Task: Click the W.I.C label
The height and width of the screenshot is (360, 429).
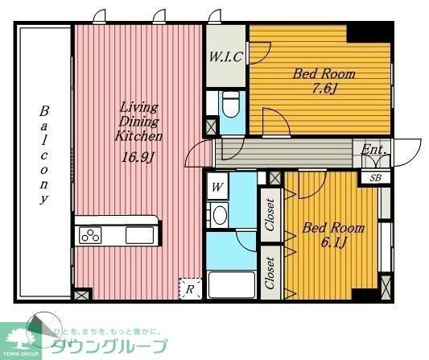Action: point(226,56)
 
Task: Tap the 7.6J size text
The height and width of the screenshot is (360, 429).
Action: point(322,89)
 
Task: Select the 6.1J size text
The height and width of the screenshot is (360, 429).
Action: point(332,242)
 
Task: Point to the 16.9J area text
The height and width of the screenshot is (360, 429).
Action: point(138,157)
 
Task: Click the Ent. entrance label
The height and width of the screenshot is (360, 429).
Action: point(373,150)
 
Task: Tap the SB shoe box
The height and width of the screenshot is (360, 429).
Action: point(375,178)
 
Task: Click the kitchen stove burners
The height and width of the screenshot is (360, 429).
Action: point(89,236)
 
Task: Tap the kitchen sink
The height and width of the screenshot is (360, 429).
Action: point(138,235)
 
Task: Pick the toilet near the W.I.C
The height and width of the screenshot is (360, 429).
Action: point(231,105)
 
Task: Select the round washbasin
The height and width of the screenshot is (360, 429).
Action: point(218,216)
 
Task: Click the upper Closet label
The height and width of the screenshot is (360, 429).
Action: point(270,214)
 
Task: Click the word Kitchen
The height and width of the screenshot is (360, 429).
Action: point(138,136)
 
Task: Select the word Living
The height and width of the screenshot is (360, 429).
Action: point(139,107)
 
